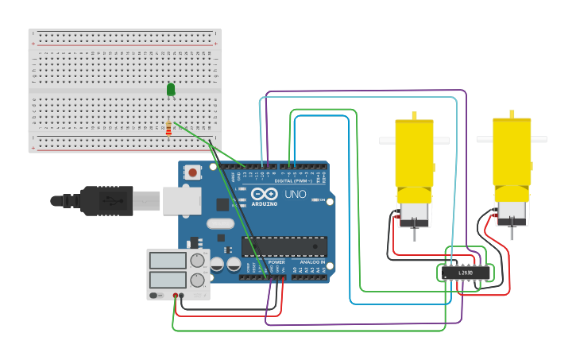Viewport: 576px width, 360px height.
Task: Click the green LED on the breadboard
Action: click(x=171, y=90)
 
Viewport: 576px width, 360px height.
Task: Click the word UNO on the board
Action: click(x=295, y=195)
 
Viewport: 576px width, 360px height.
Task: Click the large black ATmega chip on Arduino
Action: click(x=284, y=246)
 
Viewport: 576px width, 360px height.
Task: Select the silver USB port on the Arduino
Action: click(x=182, y=201)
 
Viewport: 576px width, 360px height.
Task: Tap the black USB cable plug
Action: click(x=106, y=201)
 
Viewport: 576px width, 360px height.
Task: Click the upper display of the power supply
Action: click(x=168, y=260)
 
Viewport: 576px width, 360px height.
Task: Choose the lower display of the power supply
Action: click(x=168, y=280)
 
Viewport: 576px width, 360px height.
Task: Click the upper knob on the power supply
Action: click(x=196, y=260)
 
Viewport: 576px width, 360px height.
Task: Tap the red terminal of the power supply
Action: click(x=175, y=296)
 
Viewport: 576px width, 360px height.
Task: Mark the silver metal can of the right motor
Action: click(x=511, y=211)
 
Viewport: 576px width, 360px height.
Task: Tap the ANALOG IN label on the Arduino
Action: click(x=312, y=261)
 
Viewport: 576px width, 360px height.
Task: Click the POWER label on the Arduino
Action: click(x=276, y=261)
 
